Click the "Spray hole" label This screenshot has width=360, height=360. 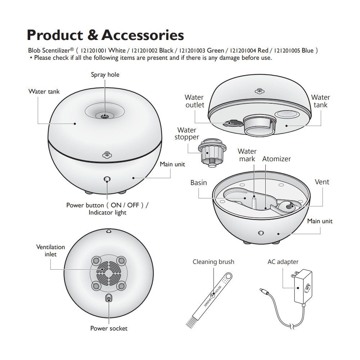(105, 75)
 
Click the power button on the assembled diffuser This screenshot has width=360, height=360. (107, 179)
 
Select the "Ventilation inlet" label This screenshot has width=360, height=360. (50, 251)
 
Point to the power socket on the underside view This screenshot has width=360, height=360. (109, 298)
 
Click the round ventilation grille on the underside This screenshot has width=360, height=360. (109, 273)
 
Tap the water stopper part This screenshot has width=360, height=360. (212, 152)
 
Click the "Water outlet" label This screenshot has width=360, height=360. (194, 101)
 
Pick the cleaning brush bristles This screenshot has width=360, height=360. (190, 322)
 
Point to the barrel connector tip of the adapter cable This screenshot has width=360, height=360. (264, 291)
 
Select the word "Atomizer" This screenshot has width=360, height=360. (276, 159)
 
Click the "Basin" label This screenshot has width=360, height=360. (199, 183)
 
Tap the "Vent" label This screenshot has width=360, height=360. (322, 182)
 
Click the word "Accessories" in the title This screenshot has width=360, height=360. (143, 35)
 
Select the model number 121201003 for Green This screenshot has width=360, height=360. (192, 50)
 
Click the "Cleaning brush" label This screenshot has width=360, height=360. (213, 262)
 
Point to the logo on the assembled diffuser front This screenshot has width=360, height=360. (107, 155)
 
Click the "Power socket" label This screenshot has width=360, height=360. (109, 328)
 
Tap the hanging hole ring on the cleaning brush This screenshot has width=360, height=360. (229, 275)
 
